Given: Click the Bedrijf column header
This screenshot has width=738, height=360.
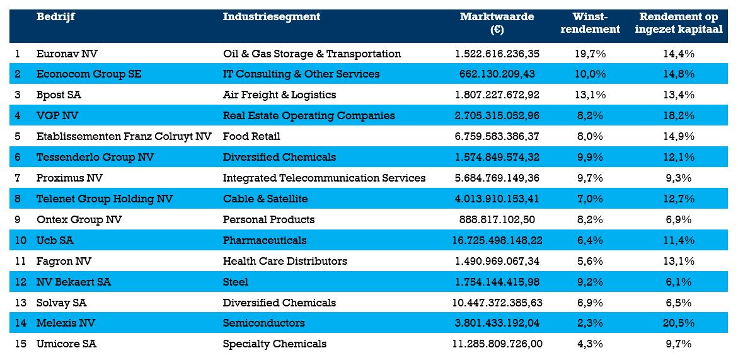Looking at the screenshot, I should tap(55, 17).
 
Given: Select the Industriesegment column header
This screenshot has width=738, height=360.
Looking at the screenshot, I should tap(271, 17).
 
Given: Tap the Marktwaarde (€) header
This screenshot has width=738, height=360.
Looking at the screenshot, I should tap(497, 23).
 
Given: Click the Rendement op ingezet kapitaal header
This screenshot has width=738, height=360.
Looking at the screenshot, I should tap(679, 23).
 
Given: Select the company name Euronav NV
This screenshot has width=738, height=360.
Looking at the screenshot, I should tap(67, 54).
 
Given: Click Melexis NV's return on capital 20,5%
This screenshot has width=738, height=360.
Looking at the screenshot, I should tap(679, 323).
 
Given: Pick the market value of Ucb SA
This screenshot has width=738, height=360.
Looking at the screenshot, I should tap(497, 240).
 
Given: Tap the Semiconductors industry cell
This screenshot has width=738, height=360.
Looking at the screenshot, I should tap(263, 323).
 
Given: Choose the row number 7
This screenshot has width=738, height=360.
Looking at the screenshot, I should tap(18, 178).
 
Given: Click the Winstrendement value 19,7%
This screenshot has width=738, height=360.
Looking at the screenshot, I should tap(591, 54).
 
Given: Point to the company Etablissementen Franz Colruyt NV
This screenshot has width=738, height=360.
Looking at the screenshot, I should tap(124, 136).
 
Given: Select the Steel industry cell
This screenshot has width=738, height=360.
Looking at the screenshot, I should tap(235, 282).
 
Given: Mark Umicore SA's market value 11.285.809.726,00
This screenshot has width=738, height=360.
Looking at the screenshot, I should tap(497, 344).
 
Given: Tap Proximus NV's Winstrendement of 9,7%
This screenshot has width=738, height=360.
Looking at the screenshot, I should tap(591, 178).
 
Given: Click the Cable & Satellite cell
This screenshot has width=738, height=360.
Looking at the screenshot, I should tap(265, 199).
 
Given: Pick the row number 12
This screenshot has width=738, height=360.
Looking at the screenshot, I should tap(20, 282).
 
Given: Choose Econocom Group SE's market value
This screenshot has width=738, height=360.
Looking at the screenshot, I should tap(497, 74).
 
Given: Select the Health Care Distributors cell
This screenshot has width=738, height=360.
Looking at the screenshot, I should tap(285, 261).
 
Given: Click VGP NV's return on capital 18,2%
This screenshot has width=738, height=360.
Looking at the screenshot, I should tap(679, 115).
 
